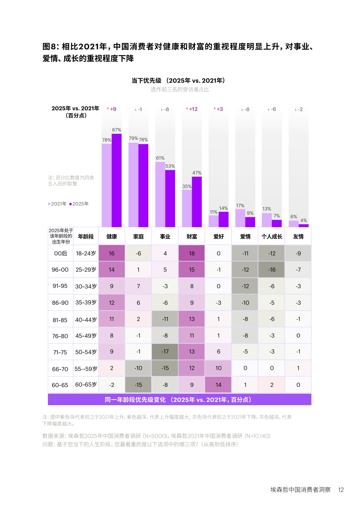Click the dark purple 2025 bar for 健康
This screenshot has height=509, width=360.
[117, 180]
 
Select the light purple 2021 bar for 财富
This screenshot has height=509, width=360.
[187, 208]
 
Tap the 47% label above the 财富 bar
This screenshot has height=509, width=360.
[197, 173]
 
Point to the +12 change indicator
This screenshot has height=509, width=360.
[192, 109]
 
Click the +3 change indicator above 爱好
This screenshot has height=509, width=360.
[218, 109]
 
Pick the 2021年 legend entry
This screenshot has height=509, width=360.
[57, 204]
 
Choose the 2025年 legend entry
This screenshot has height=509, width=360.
[79, 204]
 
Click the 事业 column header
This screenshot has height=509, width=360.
[165, 237]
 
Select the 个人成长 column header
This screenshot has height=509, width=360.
[272, 237]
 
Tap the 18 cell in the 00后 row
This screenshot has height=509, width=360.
[192, 253]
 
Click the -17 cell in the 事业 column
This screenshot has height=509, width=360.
[165, 352]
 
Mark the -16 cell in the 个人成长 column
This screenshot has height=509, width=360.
[272, 270]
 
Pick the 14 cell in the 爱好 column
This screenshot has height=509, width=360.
[218, 385]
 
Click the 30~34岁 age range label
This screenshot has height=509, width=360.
[86, 286]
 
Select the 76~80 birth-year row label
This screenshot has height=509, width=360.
[60, 336]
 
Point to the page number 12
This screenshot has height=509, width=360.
[341, 490]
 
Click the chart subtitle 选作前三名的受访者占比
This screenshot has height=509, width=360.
[180, 90]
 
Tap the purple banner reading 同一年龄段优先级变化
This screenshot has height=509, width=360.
[179, 400]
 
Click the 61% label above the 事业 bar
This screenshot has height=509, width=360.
[160, 158]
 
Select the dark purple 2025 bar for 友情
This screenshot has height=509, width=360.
[304, 225]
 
